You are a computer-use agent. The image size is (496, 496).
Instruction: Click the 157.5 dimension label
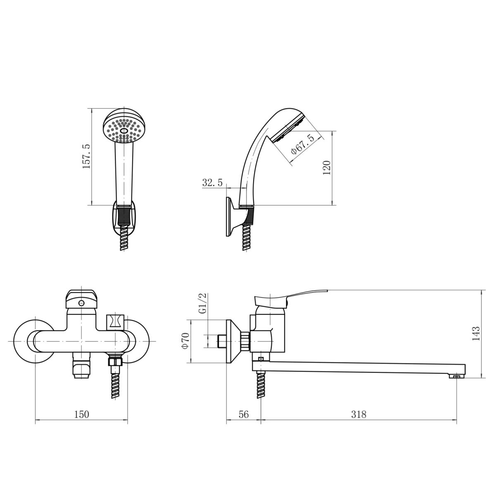(x=86, y=157)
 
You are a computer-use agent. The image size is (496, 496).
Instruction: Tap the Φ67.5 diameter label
(x=303, y=145)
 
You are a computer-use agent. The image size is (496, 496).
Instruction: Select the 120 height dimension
(x=327, y=167)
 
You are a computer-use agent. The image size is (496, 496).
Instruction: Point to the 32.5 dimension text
(x=212, y=183)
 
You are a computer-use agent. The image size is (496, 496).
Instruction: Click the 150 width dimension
(x=81, y=415)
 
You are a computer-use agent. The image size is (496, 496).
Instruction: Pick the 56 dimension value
(x=243, y=415)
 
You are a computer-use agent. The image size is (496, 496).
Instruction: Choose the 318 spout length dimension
(x=358, y=415)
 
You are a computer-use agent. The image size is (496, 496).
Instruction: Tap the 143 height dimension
(x=476, y=333)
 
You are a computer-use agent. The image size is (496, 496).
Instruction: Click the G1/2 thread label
(x=203, y=303)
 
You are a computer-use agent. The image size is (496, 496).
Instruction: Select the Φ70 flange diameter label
(x=185, y=341)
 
